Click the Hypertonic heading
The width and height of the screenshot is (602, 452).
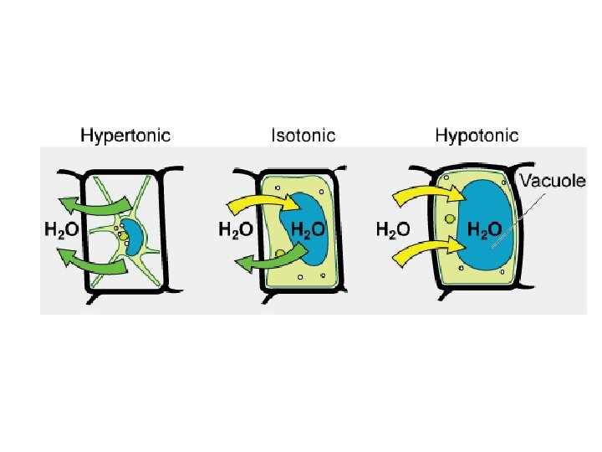125,134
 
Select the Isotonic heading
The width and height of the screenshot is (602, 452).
304,134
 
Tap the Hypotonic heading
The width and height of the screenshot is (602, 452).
477,134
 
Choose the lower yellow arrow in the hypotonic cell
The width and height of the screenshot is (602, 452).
426,249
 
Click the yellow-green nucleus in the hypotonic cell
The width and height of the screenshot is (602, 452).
450,218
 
